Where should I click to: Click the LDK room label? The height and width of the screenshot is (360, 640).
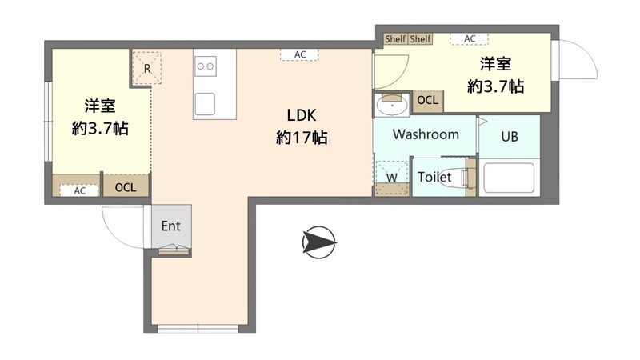coord(302,115)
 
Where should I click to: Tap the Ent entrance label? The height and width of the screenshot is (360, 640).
coord(170,226)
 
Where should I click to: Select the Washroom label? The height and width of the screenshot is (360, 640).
coord(426,134)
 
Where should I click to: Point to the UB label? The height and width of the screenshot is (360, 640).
coord(510,136)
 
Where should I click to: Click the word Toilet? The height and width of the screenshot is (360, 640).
coord(434,177)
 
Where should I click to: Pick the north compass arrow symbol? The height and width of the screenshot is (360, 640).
coord(319,242)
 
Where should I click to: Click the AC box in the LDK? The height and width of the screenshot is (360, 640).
coord(299,54)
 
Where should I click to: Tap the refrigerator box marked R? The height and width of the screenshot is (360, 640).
coord(147,68)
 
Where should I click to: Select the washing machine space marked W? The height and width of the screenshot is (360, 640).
coord(392,178)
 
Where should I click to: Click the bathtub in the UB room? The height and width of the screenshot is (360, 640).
coord(509,178)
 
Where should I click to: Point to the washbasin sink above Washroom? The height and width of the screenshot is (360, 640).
coord(392,105)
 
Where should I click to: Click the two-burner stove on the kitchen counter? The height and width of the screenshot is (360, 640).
coord(206,66)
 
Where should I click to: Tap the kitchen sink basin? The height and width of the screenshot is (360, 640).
coord(205,104)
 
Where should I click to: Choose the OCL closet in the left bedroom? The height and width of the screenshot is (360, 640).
coord(126,187)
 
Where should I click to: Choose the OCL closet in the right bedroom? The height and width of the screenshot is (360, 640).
coord(428,100)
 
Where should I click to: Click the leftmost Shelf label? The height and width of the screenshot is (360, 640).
coord(395,38)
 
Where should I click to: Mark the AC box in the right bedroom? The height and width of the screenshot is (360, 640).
coord(470,38)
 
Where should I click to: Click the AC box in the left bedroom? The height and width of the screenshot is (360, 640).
coord(79,190)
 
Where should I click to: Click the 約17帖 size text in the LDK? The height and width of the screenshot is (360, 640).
coord(302,138)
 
